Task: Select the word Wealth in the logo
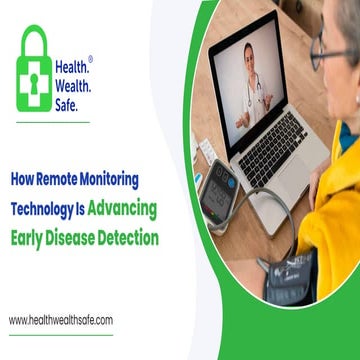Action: (74, 85)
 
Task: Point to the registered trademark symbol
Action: (91, 59)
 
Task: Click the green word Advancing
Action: (125, 211)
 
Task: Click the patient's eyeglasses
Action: (330, 50)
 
